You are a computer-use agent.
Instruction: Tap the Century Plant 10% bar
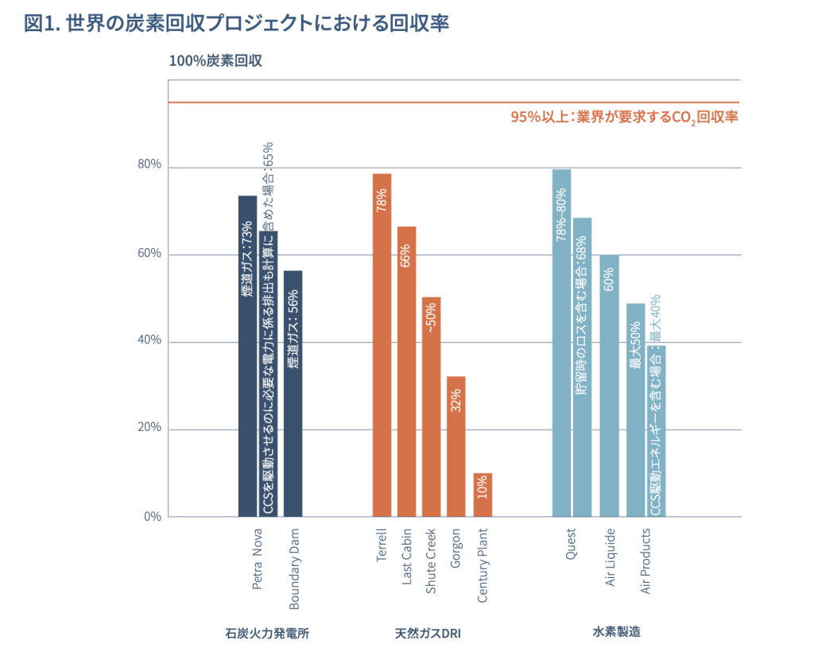483,495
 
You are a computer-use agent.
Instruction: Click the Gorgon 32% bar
456,446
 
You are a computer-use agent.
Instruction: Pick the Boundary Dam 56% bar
293,394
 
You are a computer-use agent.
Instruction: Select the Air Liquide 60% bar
609,386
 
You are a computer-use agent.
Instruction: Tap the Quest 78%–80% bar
561,343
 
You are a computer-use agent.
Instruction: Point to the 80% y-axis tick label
150,165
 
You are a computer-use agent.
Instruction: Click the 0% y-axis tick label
153,516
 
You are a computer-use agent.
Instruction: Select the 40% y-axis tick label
150,340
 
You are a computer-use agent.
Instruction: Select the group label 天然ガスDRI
428,634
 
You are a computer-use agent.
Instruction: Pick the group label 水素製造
616,633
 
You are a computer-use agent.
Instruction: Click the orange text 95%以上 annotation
625,117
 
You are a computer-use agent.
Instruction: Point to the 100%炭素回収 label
215,60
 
